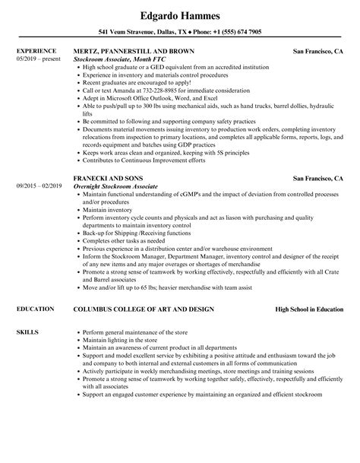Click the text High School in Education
305,289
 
